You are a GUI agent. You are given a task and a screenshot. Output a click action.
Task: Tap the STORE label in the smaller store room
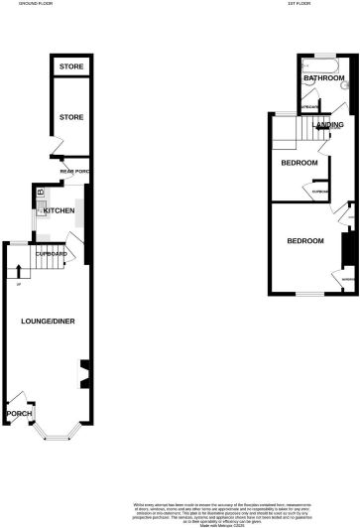pyautogui.click(x=70, y=66)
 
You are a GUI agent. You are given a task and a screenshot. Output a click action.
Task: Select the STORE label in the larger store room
pyautogui.click(x=70, y=116)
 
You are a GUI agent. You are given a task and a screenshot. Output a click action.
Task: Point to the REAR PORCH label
pyautogui.click(x=75, y=172)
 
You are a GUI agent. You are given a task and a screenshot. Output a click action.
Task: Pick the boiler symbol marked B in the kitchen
pyautogui.click(x=41, y=192)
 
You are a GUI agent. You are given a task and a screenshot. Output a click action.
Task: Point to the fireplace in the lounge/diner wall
pyautogui.click(x=83, y=374)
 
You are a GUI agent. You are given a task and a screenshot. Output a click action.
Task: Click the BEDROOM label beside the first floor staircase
pyautogui.click(x=299, y=163)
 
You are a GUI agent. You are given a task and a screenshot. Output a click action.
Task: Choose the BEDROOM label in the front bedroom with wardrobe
pyautogui.click(x=305, y=241)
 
